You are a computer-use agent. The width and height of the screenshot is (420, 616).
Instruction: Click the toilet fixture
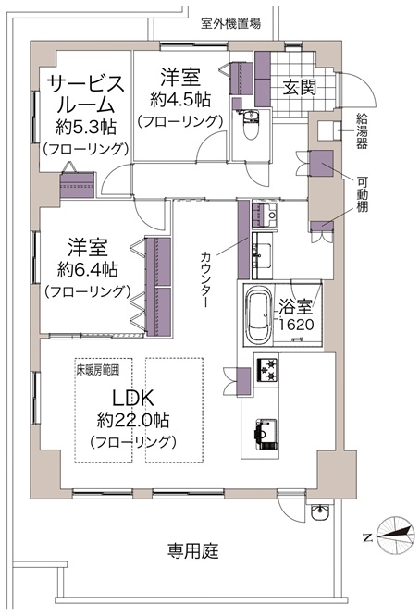[x=249, y=124]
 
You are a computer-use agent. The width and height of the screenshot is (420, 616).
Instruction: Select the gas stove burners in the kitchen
[x=266, y=370]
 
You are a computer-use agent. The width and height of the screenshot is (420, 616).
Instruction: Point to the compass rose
[x=396, y=536]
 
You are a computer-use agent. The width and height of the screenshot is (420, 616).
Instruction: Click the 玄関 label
[x=300, y=87]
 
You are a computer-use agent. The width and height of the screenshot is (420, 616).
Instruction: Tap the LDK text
[x=133, y=398]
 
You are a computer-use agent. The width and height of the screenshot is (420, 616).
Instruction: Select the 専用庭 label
[x=192, y=550]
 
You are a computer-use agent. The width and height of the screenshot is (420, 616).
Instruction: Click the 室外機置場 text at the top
[x=230, y=23]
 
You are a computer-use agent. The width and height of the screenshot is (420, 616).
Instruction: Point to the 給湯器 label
[x=362, y=130]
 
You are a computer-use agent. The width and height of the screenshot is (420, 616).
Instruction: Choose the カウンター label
[x=206, y=279]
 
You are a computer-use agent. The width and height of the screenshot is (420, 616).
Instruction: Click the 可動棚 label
[x=363, y=194]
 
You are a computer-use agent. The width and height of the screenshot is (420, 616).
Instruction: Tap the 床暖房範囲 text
[x=98, y=371]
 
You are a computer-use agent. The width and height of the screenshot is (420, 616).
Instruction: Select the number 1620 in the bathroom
[x=297, y=325]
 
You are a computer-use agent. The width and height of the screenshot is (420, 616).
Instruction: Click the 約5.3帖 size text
[x=86, y=128]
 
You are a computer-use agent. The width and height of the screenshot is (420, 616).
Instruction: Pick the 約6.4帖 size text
[x=87, y=269]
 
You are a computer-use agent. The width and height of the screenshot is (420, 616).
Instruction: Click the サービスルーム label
[x=86, y=94]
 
